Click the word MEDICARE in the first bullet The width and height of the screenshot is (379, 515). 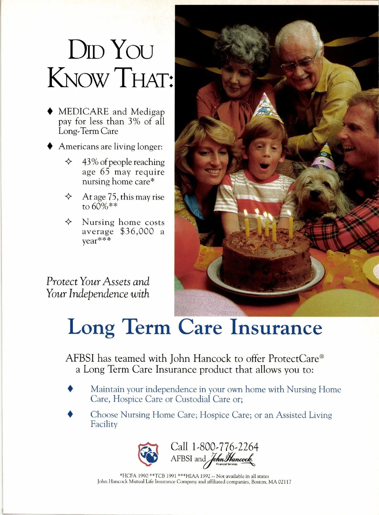coord(83,112)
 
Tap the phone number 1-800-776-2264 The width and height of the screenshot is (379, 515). coord(225,447)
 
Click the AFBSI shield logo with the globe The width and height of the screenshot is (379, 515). coord(148,454)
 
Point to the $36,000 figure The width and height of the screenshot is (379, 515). coord(137,231)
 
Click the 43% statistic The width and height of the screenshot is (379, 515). coord(90,162)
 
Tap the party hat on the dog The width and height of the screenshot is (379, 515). coord(323,157)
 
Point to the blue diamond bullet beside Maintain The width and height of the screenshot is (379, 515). coord(70,389)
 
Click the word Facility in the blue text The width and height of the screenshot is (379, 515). coord(104,424)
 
